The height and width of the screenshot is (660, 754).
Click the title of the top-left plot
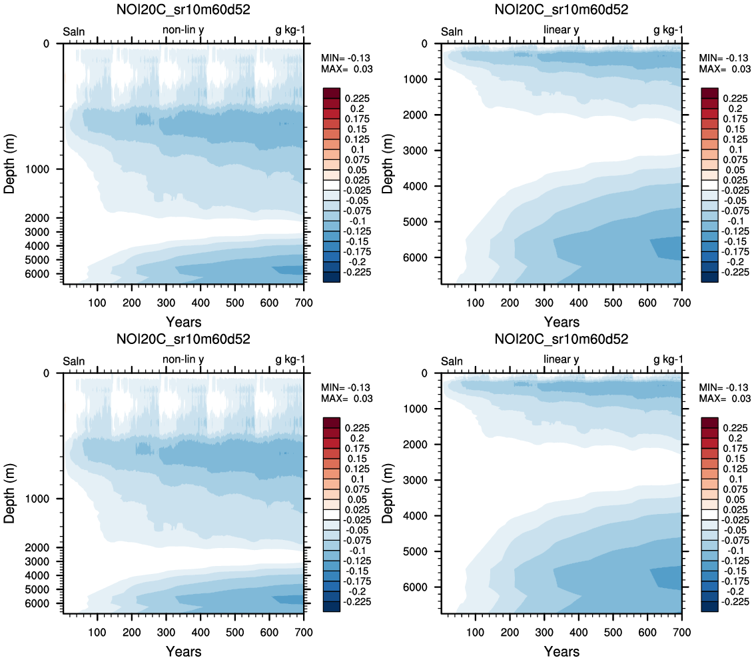point(184,9)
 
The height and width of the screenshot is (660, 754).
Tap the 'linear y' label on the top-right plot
point(562,30)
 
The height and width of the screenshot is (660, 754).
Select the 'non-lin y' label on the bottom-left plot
point(183,360)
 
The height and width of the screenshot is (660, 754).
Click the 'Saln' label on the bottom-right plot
point(452,361)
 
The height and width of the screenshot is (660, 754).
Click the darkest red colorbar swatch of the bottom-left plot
point(331,422)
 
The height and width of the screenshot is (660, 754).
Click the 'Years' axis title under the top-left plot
point(184,322)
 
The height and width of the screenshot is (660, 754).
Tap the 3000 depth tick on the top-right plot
point(423,151)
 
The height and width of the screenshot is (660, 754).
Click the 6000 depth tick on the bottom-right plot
point(423,587)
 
